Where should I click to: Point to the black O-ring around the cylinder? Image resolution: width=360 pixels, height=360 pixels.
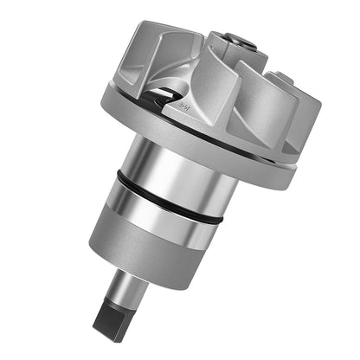(169, 195)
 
